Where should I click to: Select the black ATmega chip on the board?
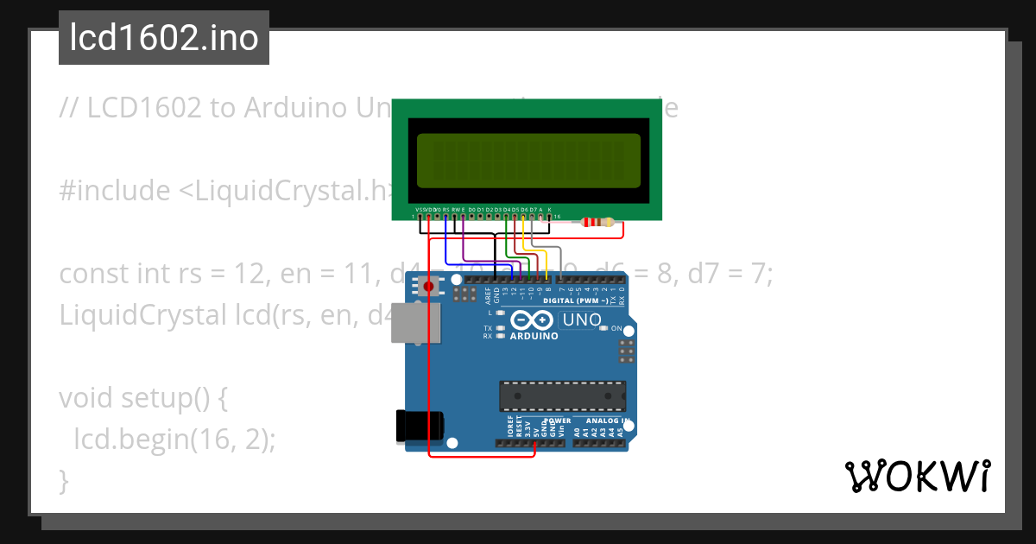click(x=562, y=395)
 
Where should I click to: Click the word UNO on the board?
click(x=582, y=320)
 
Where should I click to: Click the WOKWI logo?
click(x=918, y=476)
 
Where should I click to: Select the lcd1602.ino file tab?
click(x=164, y=38)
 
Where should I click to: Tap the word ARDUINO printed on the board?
click(x=534, y=336)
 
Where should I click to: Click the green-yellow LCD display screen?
click(x=528, y=161)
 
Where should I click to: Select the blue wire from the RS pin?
click(x=445, y=246)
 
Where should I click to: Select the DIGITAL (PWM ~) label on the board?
click(x=575, y=300)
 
